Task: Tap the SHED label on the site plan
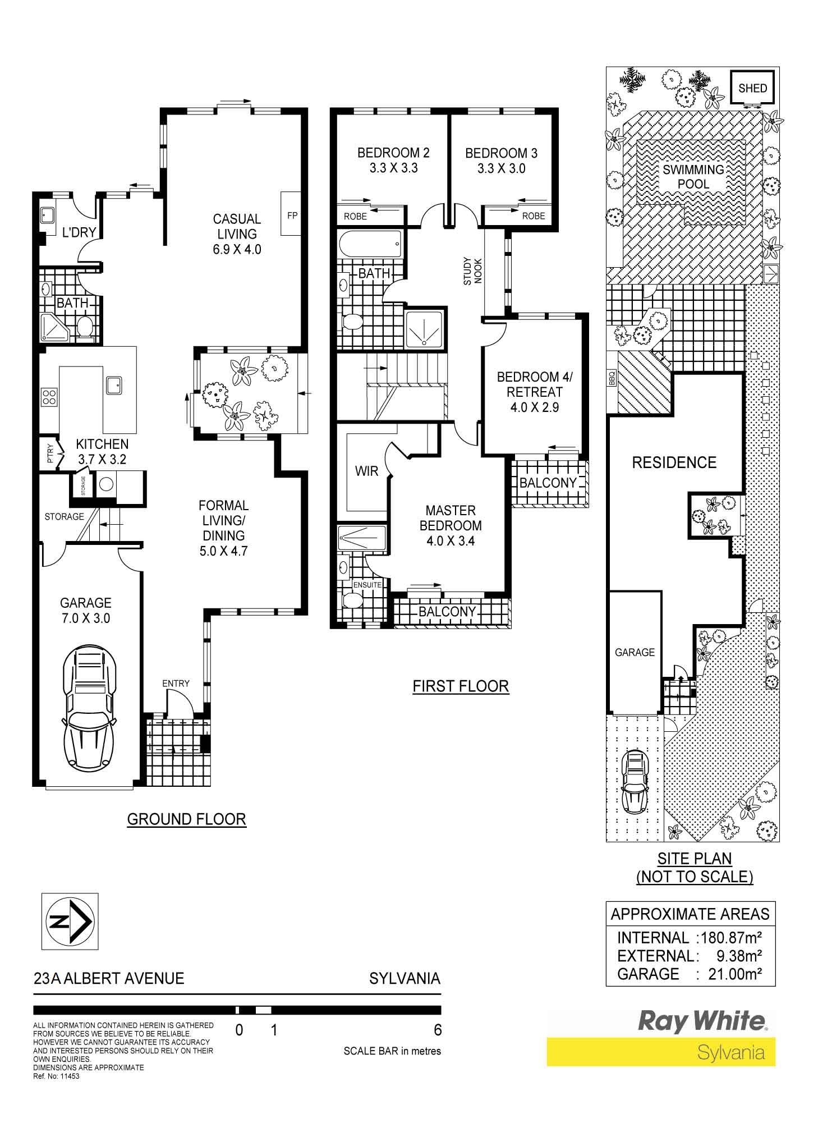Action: tap(752, 88)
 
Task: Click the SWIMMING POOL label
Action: tap(693, 177)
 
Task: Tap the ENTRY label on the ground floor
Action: tap(176, 683)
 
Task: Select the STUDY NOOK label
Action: tap(472, 271)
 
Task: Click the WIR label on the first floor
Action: tap(366, 471)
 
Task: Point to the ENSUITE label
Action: tap(367, 585)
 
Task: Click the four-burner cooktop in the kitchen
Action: tap(49, 397)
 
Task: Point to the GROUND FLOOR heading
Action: tap(186, 819)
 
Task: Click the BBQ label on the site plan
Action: tap(612, 380)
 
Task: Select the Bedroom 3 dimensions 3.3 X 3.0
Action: tap(501, 168)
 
